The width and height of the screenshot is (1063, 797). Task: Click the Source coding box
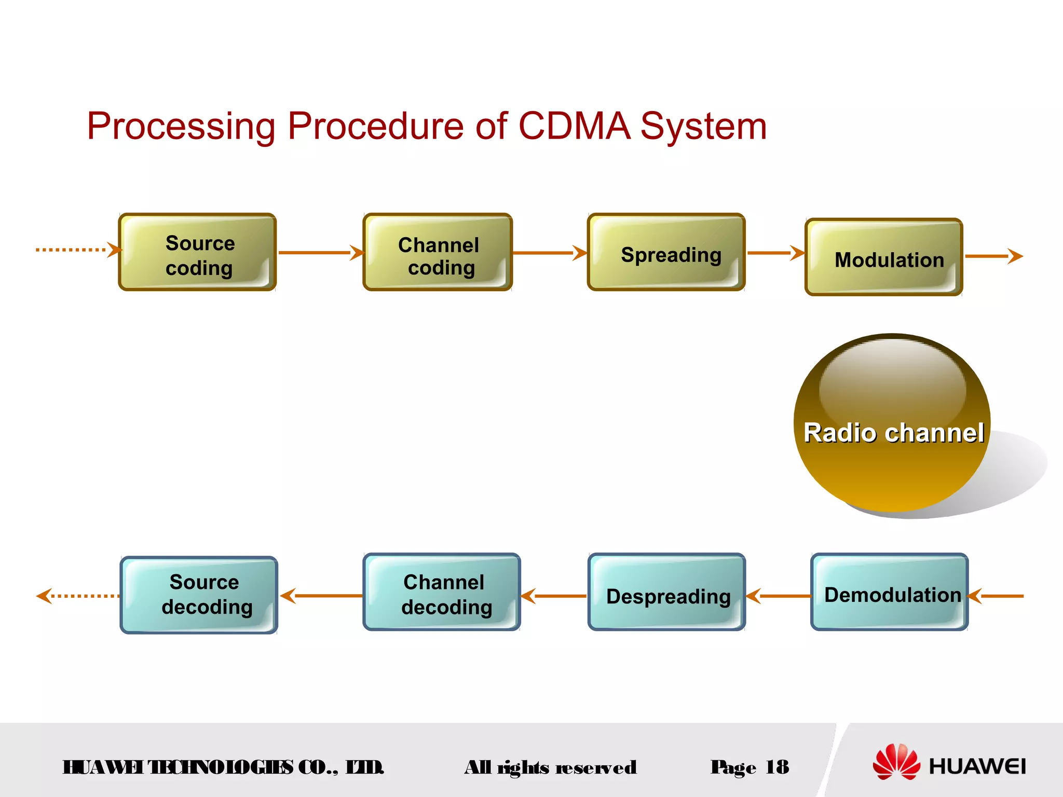click(x=197, y=252)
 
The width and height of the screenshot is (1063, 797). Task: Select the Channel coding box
click(x=438, y=252)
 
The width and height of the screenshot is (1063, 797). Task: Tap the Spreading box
click(x=666, y=252)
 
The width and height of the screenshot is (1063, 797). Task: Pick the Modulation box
click(x=883, y=257)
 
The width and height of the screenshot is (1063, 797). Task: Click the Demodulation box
click(x=889, y=592)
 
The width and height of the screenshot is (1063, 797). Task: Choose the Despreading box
click(x=666, y=592)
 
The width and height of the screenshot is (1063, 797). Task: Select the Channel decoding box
click(x=441, y=592)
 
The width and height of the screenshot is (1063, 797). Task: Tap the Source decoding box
click(x=199, y=595)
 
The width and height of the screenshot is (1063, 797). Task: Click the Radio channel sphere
click(x=892, y=423)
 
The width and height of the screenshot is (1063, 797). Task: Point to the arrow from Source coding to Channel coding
click(x=319, y=253)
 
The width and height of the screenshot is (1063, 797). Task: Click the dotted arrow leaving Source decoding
click(x=78, y=596)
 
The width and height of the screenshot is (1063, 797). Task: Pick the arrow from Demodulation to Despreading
click(x=779, y=596)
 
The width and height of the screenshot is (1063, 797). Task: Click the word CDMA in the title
click(x=574, y=126)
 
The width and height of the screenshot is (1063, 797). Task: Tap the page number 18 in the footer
click(x=777, y=767)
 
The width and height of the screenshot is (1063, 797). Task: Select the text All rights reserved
click(x=550, y=767)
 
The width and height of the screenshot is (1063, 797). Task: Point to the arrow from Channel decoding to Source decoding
click(x=322, y=596)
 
